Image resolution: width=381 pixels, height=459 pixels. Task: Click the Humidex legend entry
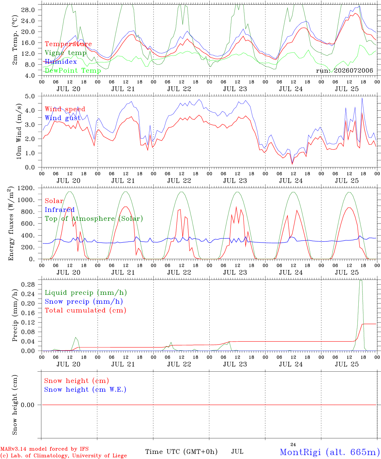[x=61, y=62]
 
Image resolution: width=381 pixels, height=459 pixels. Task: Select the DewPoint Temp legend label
[x=73, y=70]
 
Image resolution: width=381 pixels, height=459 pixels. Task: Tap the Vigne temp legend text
[x=66, y=53]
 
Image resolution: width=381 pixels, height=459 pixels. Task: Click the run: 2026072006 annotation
[x=344, y=70]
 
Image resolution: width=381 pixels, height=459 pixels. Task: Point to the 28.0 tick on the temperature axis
[x=28, y=10]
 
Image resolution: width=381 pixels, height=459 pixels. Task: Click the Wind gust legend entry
[x=63, y=118]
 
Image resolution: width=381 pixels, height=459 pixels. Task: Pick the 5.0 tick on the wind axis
[x=30, y=96]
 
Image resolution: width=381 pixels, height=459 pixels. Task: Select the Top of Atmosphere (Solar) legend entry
[x=94, y=219]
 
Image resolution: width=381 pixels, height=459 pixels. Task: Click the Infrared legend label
[x=60, y=210]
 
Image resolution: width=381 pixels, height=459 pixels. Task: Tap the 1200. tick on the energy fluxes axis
[x=26, y=188]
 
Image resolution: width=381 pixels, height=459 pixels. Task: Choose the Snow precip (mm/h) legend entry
[x=84, y=302]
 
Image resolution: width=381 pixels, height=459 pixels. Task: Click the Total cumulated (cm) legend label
[x=86, y=310]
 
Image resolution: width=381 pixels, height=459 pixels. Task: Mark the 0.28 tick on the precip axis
[x=28, y=284]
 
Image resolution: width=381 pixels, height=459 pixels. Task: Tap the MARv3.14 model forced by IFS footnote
[x=44, y=449]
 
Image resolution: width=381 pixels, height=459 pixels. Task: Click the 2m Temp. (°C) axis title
[x=15, y=40]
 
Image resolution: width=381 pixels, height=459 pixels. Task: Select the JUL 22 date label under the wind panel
[x=179, y=181]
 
